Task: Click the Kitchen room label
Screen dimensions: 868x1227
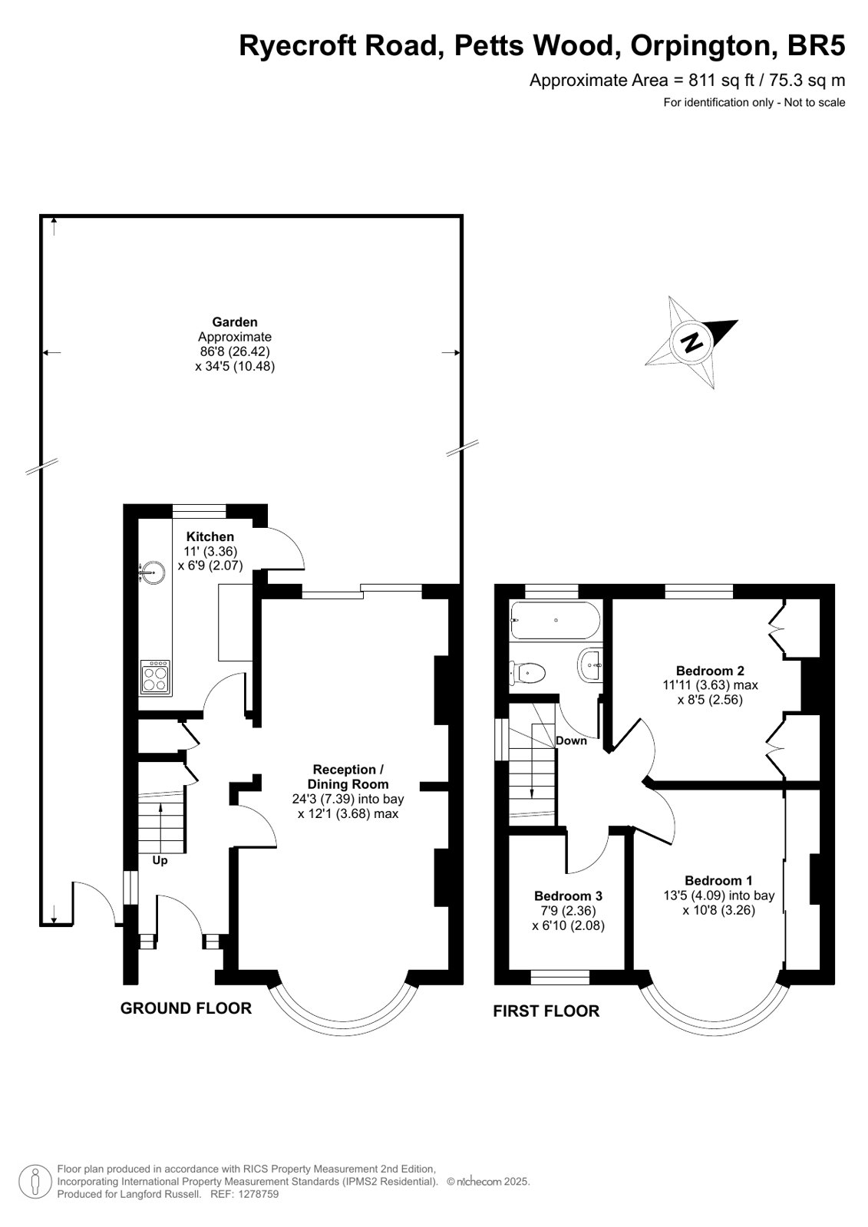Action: click(210, 536)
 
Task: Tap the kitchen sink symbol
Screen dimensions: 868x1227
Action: click(152, 572)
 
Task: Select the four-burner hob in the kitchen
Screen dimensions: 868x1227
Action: click(156, 678)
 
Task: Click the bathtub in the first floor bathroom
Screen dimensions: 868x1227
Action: click(555, 621)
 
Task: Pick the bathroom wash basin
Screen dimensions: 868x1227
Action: click(590, 665)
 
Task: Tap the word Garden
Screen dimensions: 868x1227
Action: click(235, 322)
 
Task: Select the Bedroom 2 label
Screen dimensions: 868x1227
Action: click(710, 671)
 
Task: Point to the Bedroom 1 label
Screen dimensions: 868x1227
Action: click(718, 880)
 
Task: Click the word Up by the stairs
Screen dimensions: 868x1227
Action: click(160, 860)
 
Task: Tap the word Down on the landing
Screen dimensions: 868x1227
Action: click(571, 740)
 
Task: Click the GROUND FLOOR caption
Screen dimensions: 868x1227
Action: click(186, 1008)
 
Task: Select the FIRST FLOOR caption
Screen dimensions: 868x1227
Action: click(546, 1011)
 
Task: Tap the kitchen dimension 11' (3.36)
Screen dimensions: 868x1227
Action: click(211, 551)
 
